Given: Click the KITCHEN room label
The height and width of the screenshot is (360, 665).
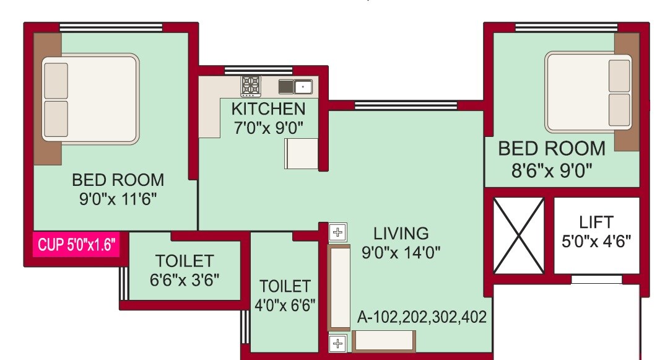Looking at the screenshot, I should click(268, 109).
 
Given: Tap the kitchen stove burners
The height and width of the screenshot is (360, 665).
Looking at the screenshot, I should click(251, 86).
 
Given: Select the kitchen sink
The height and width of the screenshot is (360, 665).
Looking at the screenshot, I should click(295, 86).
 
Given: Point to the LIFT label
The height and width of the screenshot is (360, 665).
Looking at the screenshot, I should click(596, 222).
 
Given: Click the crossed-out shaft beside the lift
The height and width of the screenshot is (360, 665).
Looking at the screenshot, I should click(518, 235).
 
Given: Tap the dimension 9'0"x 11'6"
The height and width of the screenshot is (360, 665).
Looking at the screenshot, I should click(118, 200).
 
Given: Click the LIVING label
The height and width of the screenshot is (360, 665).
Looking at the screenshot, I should click(401, 234).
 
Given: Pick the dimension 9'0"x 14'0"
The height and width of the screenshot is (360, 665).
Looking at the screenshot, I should click(401, 253).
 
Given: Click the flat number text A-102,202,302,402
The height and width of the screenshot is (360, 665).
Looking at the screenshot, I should click(422, 317).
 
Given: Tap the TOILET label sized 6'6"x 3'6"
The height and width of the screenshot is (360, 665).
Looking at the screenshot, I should click(185, 261).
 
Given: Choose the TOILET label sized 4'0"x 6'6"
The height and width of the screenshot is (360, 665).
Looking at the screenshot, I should click(284, 287).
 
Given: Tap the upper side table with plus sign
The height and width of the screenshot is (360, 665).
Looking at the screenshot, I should click(337, 233).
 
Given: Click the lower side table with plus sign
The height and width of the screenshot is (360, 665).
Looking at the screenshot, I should click(337, 343).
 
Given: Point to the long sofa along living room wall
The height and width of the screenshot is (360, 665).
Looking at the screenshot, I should click(339, 288).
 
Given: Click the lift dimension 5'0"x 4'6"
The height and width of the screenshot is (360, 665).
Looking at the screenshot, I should click(596, 240).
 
